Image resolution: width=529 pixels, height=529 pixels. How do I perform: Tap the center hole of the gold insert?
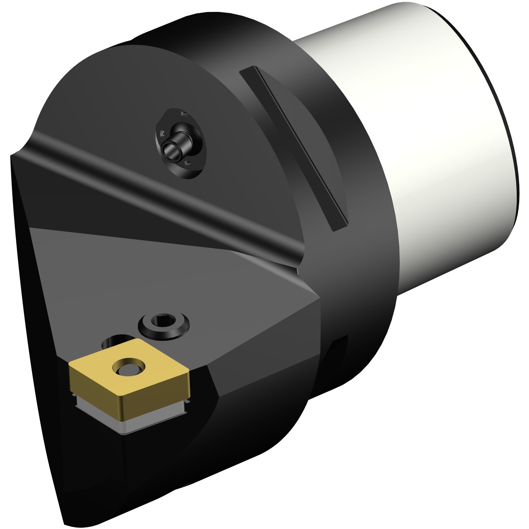[x=128, y=368]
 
